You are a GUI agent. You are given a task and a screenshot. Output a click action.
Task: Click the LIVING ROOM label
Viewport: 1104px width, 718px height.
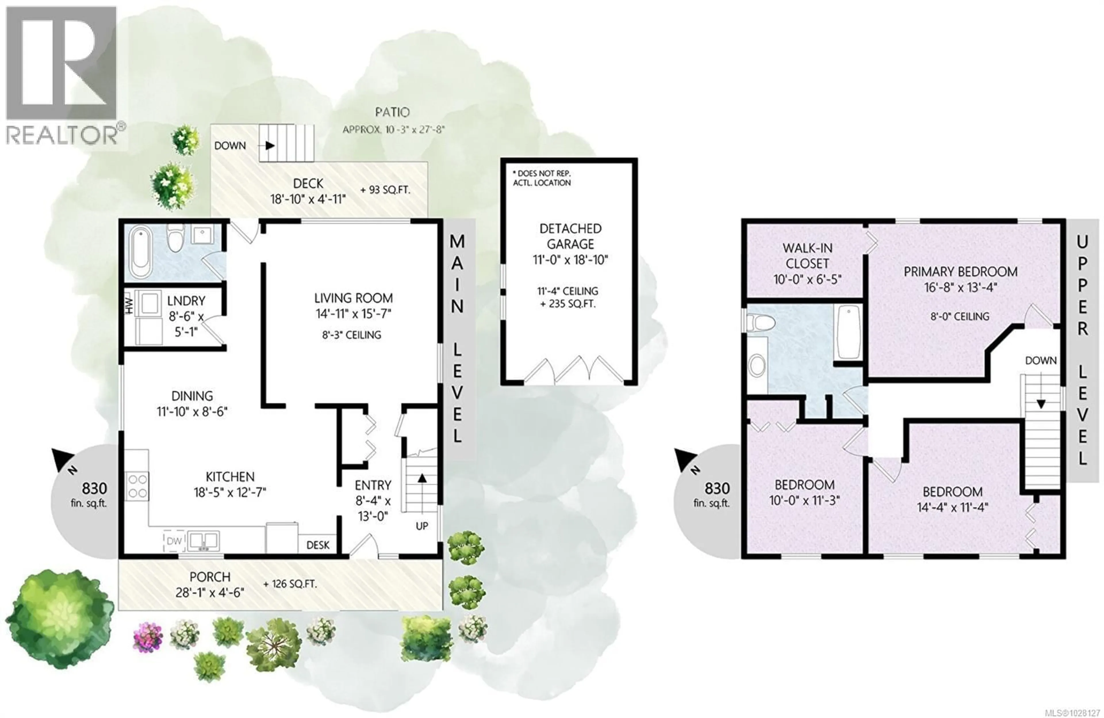353,298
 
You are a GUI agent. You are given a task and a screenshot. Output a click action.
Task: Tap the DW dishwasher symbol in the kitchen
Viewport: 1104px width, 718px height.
174,541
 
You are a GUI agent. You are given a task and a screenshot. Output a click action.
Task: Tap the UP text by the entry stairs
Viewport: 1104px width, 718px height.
422,526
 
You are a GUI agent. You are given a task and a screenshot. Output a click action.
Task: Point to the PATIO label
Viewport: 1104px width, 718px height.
392,112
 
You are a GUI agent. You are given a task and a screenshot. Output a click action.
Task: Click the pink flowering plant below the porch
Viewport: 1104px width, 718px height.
147,637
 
